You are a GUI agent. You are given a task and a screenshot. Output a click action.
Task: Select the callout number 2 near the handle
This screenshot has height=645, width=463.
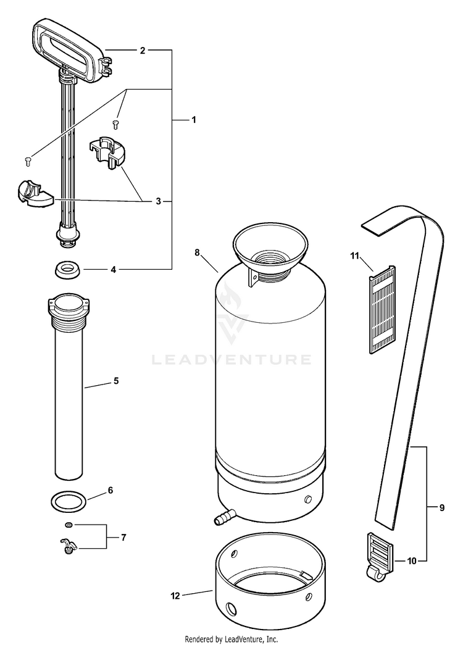[x=142, y=51]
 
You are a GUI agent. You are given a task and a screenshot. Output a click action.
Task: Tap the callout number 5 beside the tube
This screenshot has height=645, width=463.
[x=115, y=381]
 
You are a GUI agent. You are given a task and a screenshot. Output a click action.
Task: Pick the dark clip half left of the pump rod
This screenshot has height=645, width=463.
[x=32, y=193]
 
